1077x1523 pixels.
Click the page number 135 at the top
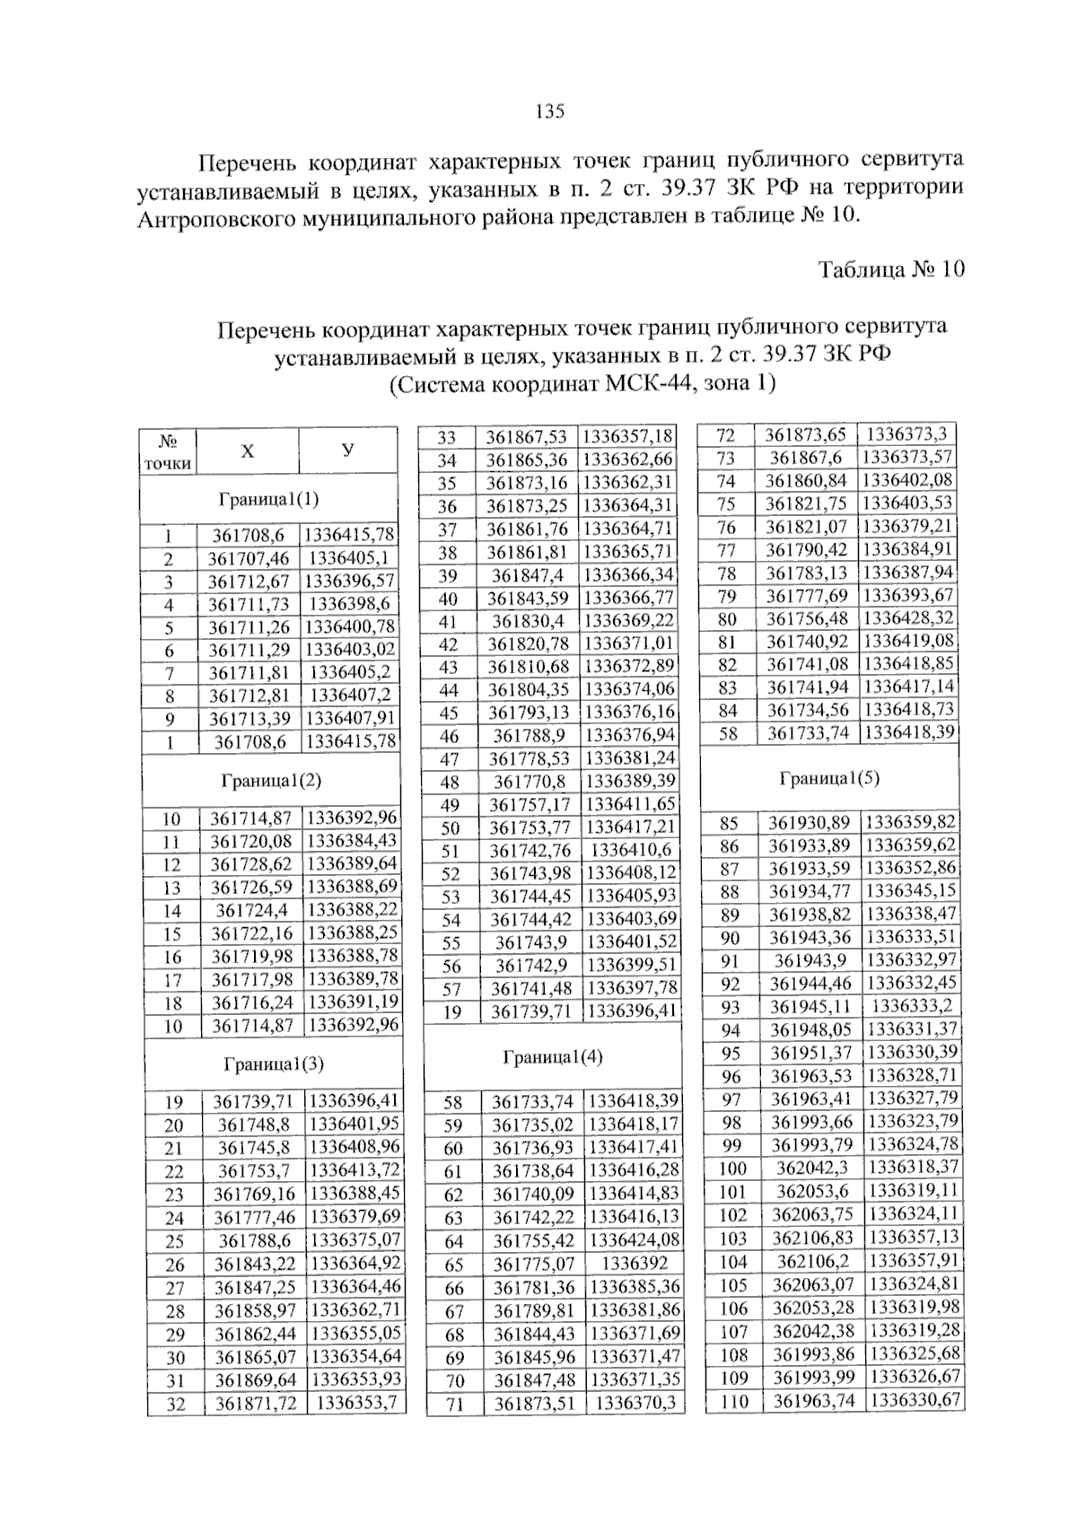pyautogui.click(x=549, y=111)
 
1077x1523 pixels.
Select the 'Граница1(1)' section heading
pyautogui.click(x=268, y=499)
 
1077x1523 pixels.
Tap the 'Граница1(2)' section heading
pyautogui.click(x=271, y=781)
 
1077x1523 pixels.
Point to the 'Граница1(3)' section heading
pyautogui.click(x=274, y=1064)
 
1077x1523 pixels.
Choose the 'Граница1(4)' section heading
pyautogui.click(x=553, y=1057)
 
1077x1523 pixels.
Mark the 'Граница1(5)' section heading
pyautogui.click(x=829, y=778)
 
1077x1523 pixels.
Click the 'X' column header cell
pyautogui.click(x=247, y=451)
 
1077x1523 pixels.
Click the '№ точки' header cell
pyautogui.click(x=168, y=451)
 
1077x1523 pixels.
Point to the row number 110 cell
pyautogui.click(x=734, y=1401)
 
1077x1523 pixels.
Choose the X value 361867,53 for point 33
pyautogui.click(x=526, y=437)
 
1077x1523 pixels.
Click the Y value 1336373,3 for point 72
pyautogui.click(x=906, y=434)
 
